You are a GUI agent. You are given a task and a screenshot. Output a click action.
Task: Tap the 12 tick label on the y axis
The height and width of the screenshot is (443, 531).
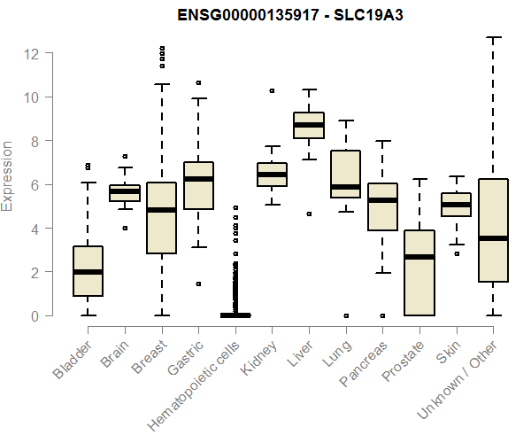pos(32,53)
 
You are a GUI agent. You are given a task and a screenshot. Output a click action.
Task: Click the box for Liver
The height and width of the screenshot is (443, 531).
pos(309,125)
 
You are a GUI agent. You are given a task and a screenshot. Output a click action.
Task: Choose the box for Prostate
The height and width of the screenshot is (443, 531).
pos(419,273)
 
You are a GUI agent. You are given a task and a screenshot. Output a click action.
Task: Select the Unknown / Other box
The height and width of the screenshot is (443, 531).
pos(492,230)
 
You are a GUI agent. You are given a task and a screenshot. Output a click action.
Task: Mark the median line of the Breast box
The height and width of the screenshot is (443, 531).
pos(161,210)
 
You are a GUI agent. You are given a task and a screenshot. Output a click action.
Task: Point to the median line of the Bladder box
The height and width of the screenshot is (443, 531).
pos(88,272)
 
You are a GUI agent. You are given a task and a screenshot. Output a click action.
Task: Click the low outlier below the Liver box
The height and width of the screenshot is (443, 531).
pos(309,214)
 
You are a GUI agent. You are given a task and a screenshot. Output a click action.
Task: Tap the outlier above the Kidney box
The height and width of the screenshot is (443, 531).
pos(272,90)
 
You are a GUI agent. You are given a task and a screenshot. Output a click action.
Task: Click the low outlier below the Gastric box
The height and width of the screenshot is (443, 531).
pos(198,284)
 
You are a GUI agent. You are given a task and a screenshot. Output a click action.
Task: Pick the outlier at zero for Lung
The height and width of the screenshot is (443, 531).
pos(346,315)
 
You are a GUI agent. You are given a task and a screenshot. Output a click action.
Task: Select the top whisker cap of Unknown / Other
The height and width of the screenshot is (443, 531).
pos(492,38)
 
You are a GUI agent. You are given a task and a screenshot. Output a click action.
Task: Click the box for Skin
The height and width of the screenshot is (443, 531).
pos(456,205)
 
